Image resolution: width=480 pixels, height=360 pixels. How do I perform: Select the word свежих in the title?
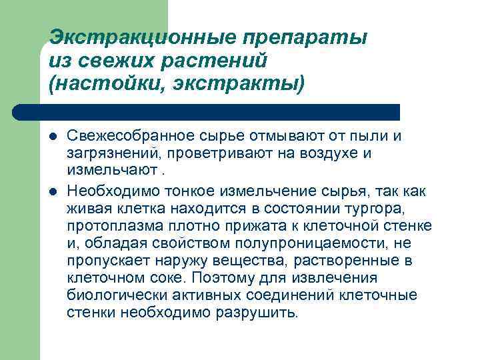tap(103, 61)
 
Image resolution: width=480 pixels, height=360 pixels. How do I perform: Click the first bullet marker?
tap(53, 137)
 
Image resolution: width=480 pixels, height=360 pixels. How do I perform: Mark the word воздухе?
tap(323, 153)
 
